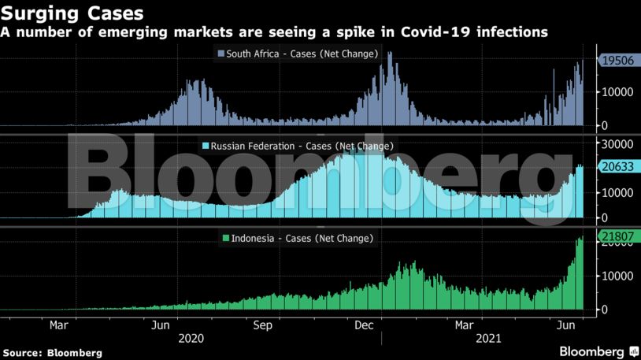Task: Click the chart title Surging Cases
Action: coord(72,13)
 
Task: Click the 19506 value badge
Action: coord(618,61)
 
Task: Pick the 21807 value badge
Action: coord(618,236)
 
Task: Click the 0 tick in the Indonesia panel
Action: coord(604,310)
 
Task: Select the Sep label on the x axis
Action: coord(262,325)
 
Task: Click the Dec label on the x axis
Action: coord(364,325)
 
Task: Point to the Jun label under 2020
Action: coord(161,325)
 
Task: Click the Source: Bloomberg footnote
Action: coord(53,353)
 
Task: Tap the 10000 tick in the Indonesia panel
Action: coord(617,276)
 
